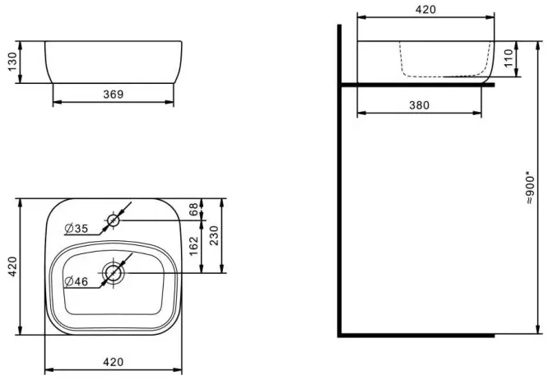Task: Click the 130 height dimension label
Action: [x=12, y=62]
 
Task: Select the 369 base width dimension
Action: [x=114, y=95]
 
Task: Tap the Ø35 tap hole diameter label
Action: [x=77, y=229]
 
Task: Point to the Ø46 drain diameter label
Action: [x=77, y=281]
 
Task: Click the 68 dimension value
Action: [x=193, y=209]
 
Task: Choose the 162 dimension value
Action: [x=193, y=246]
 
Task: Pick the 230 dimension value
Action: [x=214, y=235]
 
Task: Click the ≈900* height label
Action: [x=530, y=188]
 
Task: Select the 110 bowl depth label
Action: [x=509, y=58]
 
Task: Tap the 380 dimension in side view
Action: [x=419, y=105]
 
